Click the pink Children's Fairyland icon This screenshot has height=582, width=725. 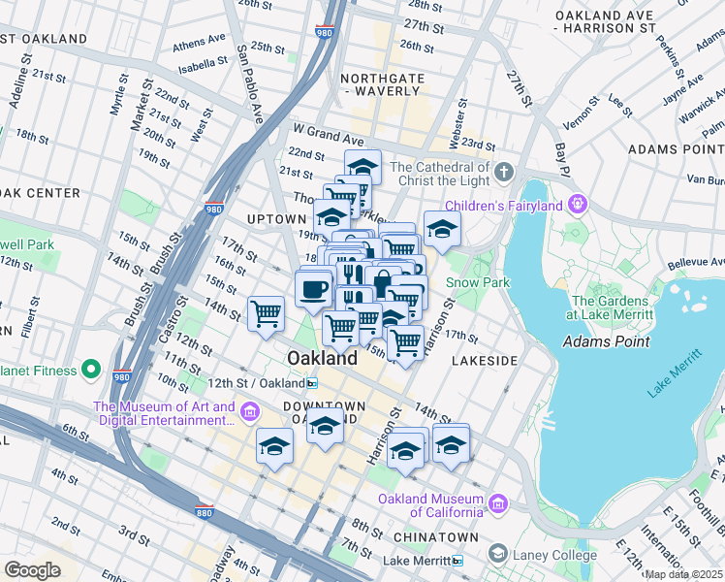(x=579, y=205)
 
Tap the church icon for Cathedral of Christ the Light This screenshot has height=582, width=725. (x=503, y=173)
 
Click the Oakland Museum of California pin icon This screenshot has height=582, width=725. (x=498, y=503)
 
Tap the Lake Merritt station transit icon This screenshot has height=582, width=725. (x=457, y=561)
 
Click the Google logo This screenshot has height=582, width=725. (x=32, y=569)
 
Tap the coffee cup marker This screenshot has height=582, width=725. (x=313, y=289)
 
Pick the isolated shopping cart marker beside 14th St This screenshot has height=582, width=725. (x=266, y=314)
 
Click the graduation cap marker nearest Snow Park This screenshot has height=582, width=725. (x=442, y=230)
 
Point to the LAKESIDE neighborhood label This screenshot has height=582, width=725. (x=485, y=361)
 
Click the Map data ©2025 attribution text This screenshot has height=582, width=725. (x=682, y=573)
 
